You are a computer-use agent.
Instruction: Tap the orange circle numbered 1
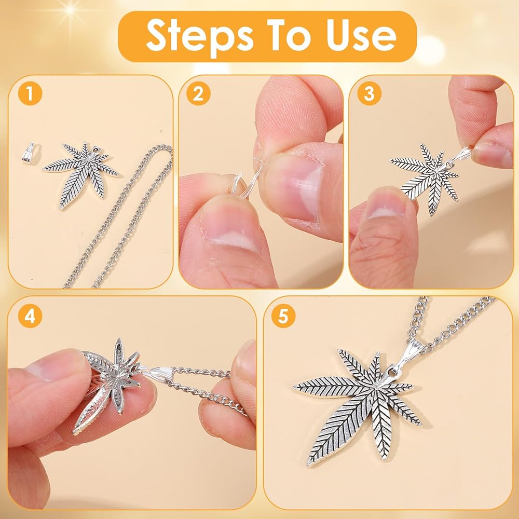(30, 93)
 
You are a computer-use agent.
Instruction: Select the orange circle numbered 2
(198, 93)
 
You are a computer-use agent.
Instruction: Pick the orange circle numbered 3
(369, 93)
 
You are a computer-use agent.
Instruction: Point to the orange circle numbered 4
(30, 316)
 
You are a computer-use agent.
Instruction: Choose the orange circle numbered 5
(283, 316)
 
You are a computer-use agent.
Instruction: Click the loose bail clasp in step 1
(28, 153)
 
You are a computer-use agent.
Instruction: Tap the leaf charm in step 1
(81, 174)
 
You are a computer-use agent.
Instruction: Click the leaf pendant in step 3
(426, 179)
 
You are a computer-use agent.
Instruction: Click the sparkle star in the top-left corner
(70, 10)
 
